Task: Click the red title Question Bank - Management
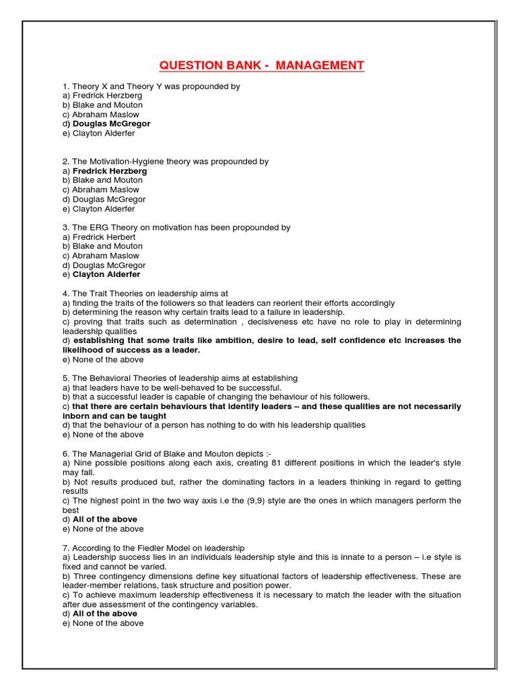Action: click(261, 65)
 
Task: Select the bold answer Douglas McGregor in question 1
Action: click(111, 124)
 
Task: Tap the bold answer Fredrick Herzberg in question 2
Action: click(109, 171)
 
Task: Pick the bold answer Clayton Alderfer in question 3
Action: click(106, 274)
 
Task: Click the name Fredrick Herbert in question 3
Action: click(104, 237)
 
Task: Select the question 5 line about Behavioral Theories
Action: click(180, 379)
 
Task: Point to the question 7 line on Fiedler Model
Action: click(153, 548)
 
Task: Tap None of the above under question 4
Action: click(102, 360)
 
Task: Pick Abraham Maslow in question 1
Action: click(102, 115)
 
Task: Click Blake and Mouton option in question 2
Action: click(103, 181)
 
